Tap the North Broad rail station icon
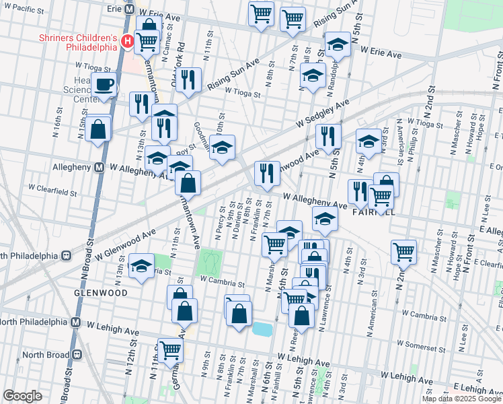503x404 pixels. tap(77, 354)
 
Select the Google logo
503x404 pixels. tap(22, 396)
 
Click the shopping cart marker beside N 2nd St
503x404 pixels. tap(403, 252)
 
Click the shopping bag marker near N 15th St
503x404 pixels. tap(98, 129)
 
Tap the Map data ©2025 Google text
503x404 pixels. tap(461, 398)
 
